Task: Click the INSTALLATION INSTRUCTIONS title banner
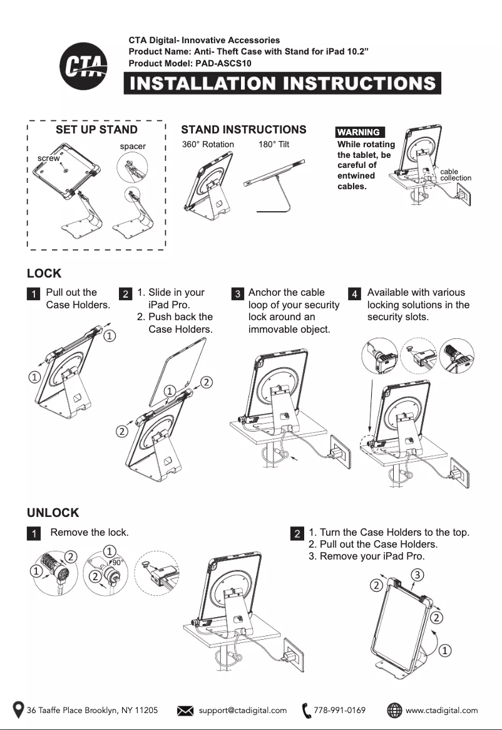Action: click(282, 83)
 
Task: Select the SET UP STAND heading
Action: click(96, 130)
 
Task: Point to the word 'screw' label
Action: click(49, 159)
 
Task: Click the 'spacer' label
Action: click(133, 146)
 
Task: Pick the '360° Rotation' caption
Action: click(208, 144)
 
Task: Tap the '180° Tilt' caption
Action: click(274, 144)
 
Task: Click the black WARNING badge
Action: click(360, 132)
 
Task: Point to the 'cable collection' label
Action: click(455, 175)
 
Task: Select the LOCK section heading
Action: click(44, 274)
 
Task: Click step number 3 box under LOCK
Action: click(237, 293)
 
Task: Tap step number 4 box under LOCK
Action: click(354, 293)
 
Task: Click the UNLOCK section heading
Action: click(53, 513)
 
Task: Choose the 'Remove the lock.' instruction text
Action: click(90, 533)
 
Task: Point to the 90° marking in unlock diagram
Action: click(116, 562)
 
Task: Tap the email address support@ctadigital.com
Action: click(243, 710)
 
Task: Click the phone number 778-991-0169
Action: click(339, 710)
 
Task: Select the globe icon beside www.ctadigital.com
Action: click(394, 711)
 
